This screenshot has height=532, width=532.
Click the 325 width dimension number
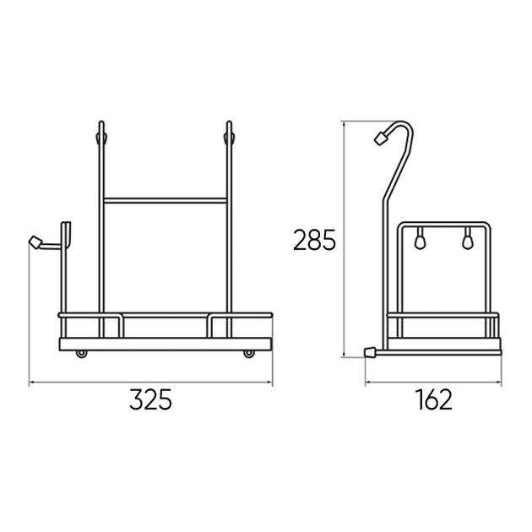click(150, 399)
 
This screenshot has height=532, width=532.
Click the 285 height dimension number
click(314, 240)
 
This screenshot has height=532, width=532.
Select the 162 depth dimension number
click(433, 399)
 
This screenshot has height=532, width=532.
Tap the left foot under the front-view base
click(81, 354)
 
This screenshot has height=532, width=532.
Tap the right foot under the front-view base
click(249, 354)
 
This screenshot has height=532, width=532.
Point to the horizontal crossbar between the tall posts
click(166, 200)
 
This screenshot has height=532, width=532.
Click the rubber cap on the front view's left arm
click(35, 242)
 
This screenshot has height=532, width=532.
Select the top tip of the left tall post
click(101, 122)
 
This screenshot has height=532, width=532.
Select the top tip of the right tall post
click(229, 122)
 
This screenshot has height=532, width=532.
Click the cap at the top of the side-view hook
click(381, 138)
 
